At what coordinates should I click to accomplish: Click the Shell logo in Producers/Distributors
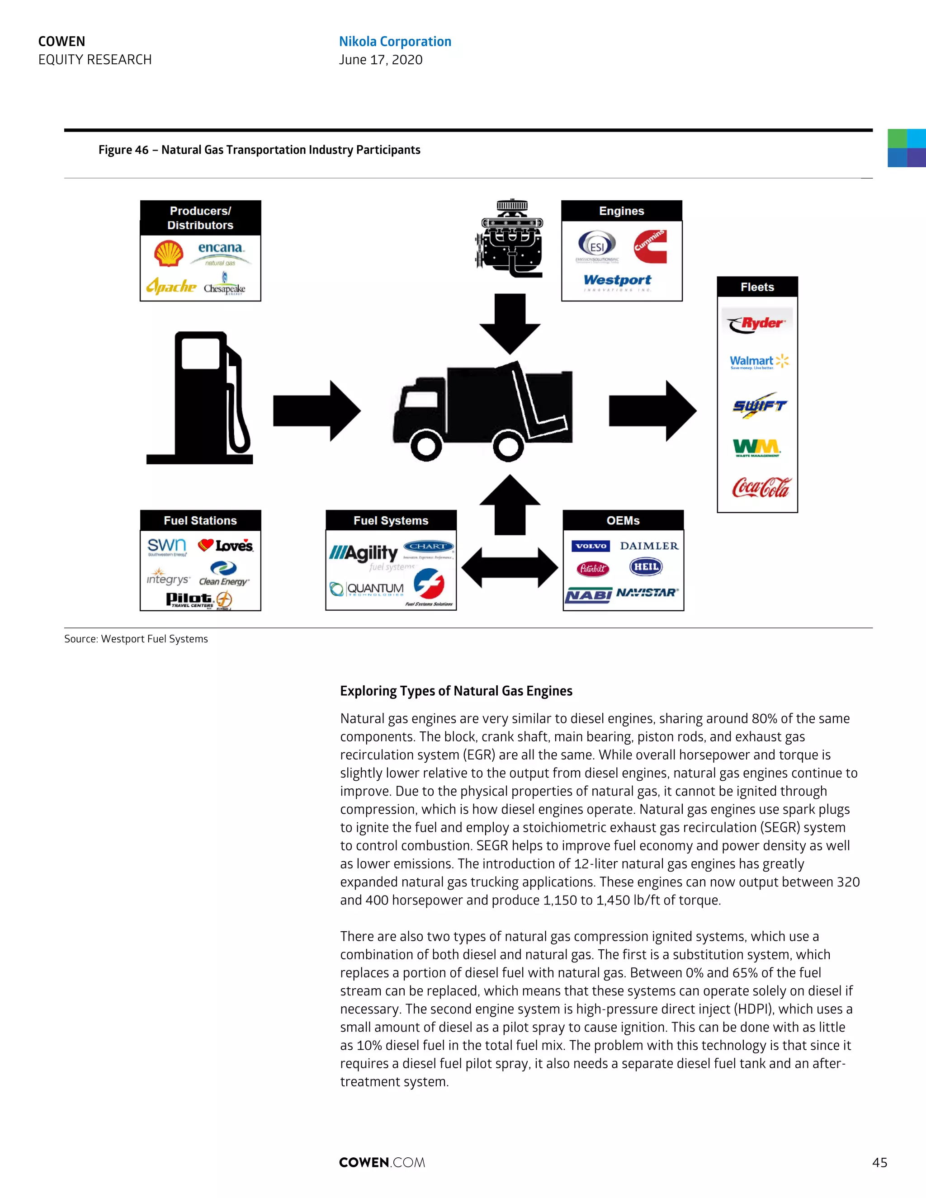click(168, 254)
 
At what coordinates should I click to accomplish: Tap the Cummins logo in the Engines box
click(650, 247)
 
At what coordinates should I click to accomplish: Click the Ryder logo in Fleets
click(756, 324)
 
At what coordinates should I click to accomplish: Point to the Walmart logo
click(759, 362)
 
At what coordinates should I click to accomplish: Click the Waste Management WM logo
click(756, 448)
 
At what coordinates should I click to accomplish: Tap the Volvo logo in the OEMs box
click(591, 546)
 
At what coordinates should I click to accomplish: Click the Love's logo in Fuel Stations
click(226, 545)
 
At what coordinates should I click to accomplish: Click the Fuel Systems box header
click(391, 520)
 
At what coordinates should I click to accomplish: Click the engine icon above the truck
click(510, 239)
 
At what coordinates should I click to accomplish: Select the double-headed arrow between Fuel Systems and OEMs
click(510, 568)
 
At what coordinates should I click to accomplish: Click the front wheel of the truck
click(425, 446)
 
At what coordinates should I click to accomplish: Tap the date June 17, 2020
click(381, 60)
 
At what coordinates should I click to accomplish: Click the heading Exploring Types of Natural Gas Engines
click(456, 691)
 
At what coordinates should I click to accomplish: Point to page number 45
click(879, 1162)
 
